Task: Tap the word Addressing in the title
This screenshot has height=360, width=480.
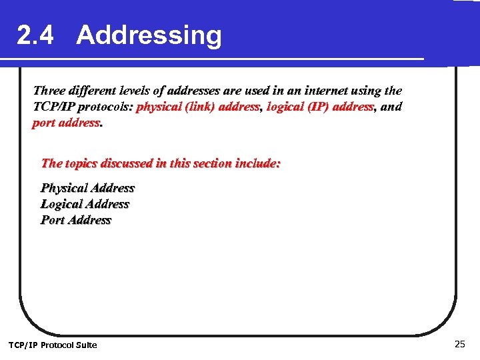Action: (149, 35)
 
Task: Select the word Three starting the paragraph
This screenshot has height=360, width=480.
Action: (49, 91)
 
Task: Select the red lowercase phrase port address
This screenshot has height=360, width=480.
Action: (66, 123)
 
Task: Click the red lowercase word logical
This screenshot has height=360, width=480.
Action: (286, 107)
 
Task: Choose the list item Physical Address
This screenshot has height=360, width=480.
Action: (87, 188)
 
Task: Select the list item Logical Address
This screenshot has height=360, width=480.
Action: (85, 204)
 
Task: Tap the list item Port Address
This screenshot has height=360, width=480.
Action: (76, 220)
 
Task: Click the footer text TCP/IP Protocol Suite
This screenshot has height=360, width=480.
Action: (52, 345)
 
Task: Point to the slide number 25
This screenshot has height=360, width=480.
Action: (459, 344)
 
